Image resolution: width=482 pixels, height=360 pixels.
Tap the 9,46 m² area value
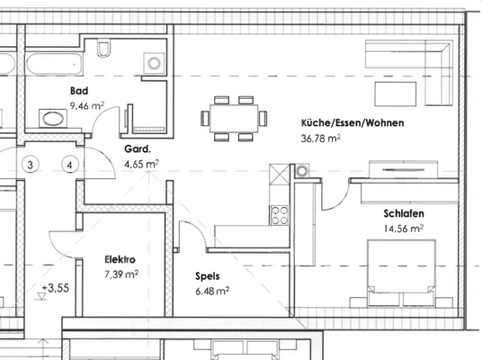pos(87,105)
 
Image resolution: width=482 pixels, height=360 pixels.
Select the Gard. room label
pos(138,150)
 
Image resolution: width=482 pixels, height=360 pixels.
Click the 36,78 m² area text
pos(321,139)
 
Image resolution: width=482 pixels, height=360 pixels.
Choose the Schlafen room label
pos(404,213)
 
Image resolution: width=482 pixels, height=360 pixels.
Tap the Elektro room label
pos(120,258)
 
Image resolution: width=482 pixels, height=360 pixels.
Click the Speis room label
pos(208,277)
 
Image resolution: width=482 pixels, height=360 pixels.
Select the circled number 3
pos(31,165)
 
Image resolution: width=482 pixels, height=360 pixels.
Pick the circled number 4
pos(68,165)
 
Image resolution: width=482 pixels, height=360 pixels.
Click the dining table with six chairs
pos(234,118)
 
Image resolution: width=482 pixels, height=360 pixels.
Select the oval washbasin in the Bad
pos(52,118)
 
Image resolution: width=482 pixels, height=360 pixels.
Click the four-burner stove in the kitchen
pos(280,214)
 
